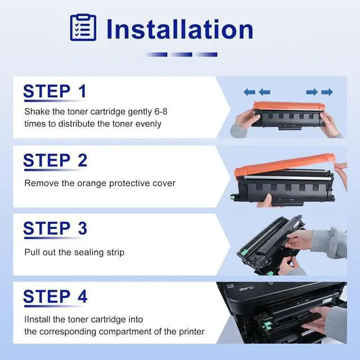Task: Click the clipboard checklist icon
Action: coord(83,28)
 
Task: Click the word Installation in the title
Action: coord(180,29)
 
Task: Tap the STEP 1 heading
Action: coord(55,91)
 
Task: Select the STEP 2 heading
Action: coord(55,160)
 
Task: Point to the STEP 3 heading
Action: coord(55,228)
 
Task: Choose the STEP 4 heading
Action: coord(55,296)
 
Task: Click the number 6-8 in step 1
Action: coord(161,111)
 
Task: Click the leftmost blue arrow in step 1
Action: coord(249,92)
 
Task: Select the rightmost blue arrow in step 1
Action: coord(327,92)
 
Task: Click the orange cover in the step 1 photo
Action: coord(288,106)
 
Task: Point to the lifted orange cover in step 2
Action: coord(285,165)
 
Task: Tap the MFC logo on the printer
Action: coord(246,289)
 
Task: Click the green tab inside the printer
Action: coord(266,325)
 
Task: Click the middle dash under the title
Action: coord(181,55)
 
